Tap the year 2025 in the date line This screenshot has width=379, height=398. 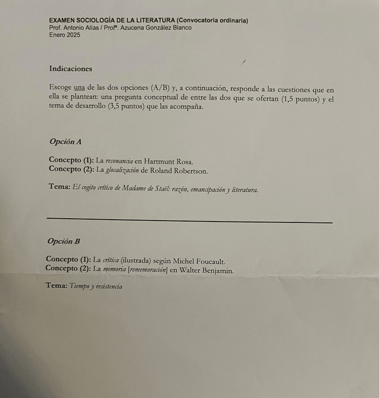[73, 35]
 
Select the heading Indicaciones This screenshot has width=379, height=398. [70, 69]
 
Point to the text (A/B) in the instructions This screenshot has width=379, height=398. [161, 88]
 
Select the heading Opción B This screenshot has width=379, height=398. [64, 242]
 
